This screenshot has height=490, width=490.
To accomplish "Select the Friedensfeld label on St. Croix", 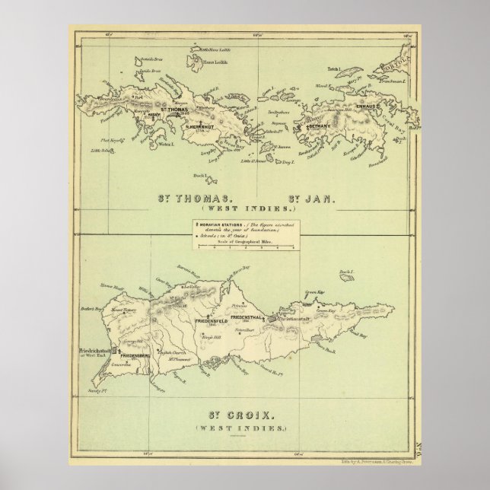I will tap(212, 322).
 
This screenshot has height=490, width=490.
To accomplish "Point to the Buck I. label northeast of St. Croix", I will tap(347, 272).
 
